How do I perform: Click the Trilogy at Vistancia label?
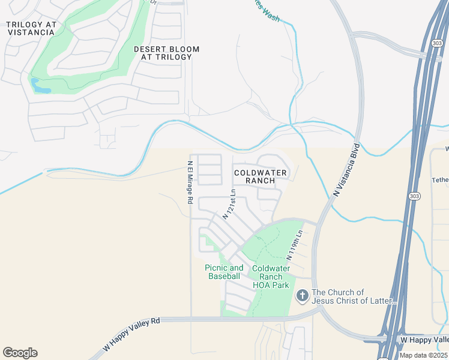pyautogui.click(x=31, y=28)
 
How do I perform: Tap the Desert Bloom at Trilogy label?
pyautogui.click(x=166, y=53)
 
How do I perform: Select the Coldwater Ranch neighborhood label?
pyautogui.click(x=261, y=176)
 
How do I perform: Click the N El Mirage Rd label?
pyautogui.click(x=189, y=182)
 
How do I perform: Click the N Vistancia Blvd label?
pyautogui.click(x=346, y=170)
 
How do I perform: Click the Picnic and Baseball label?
pyautogui.click(x=224, y=272)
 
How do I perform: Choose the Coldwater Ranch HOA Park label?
pyautogui.click(x=271, y=277)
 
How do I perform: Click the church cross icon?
pyautogui.click(x=302, y=296)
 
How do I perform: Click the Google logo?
pyautogui.click(x=20, y=353)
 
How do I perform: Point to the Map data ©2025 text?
pyautogui.click(x=424, y=355)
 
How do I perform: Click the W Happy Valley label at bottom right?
pyautogui.click(x=424, y=340)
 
